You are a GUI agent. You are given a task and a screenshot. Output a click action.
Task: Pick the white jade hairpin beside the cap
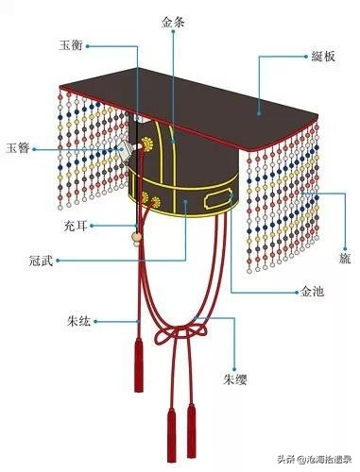click(x=121, y=149)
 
